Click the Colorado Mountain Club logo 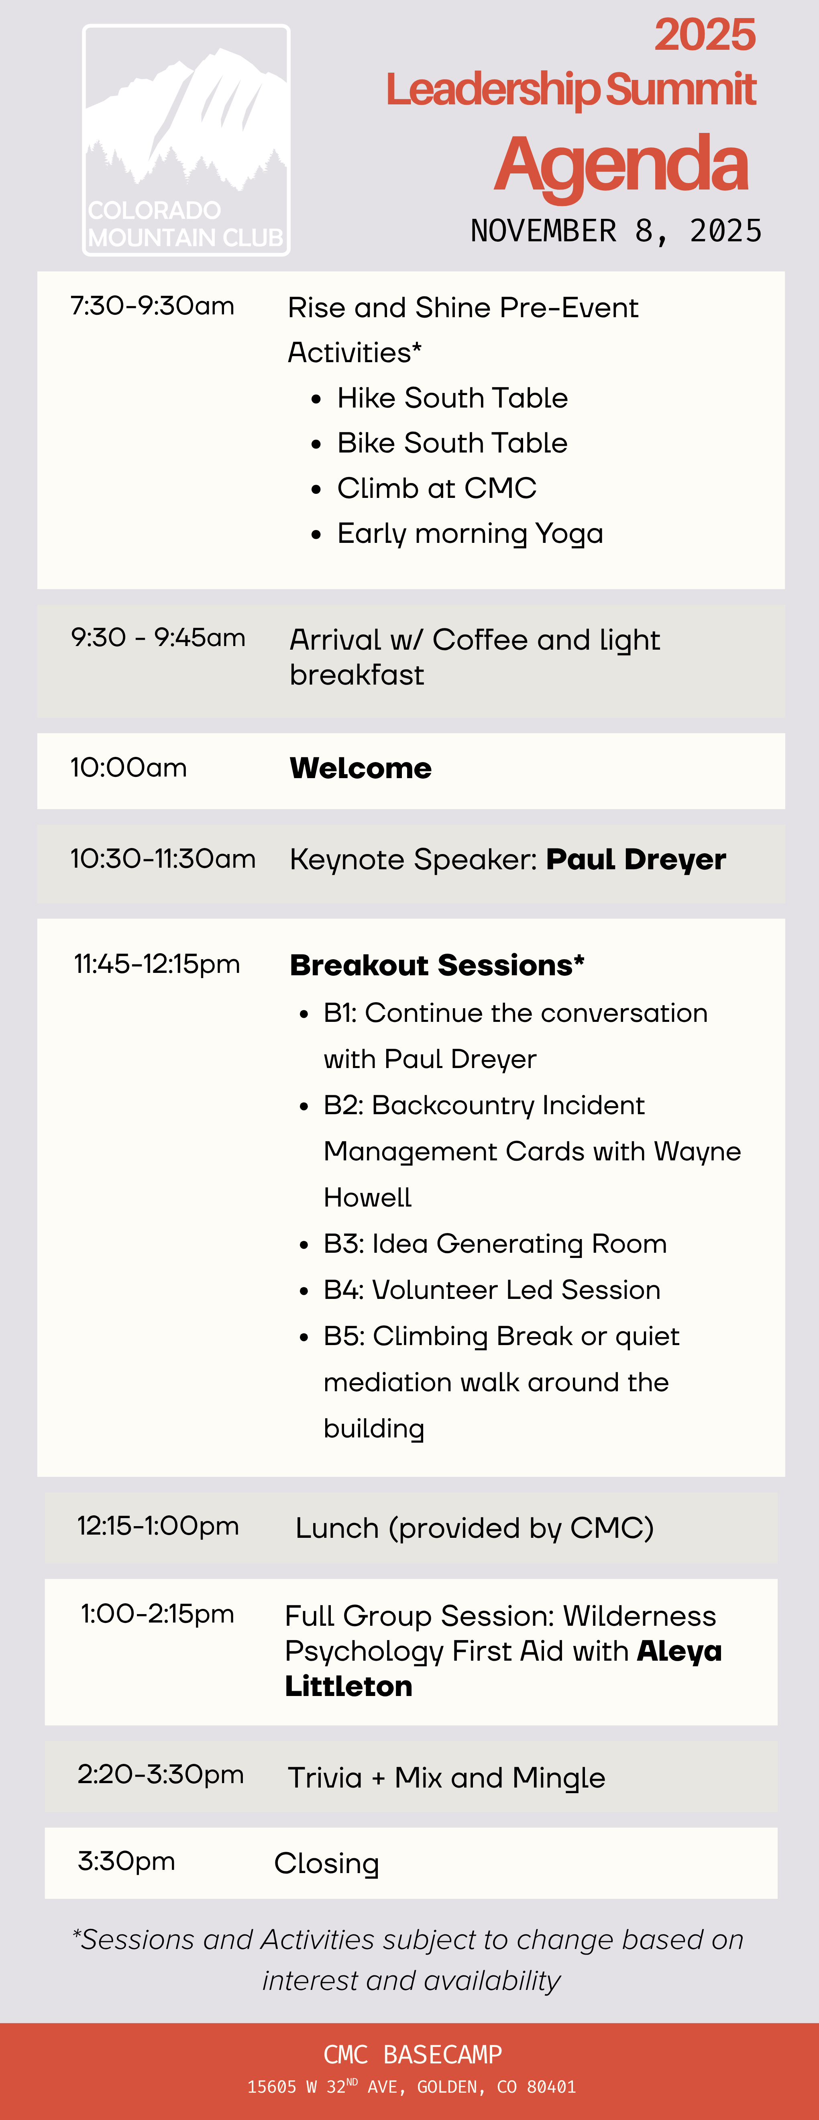click(186, 140)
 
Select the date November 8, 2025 click(616, 231)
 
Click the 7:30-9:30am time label click(152, 306)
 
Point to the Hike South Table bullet click(452, 398)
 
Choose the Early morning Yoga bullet click(470, 534)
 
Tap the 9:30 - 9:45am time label click(158, 638)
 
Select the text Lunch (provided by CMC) click(474, 1528)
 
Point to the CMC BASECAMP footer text click(412, 2055)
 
